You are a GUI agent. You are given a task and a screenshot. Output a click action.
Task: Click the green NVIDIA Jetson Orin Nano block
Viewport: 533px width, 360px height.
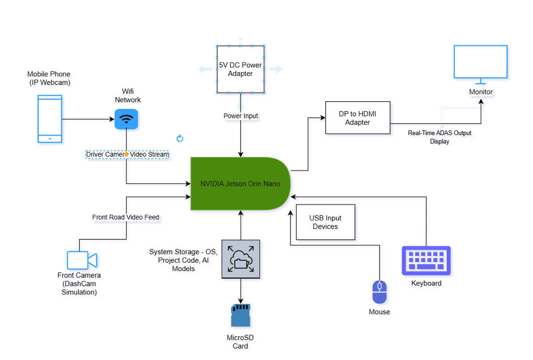pos(240,183)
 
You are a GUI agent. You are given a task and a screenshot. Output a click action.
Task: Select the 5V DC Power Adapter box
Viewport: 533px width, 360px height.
pos(240,69)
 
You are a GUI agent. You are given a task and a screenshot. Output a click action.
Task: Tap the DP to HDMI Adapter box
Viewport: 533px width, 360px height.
pos(357,118)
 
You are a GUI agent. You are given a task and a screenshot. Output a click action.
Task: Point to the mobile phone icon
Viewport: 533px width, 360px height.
pos(49,119)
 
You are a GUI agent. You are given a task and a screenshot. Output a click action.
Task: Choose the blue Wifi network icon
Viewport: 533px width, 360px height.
pos(126,119)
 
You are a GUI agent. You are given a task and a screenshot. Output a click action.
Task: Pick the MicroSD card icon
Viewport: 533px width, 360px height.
pos(240,315)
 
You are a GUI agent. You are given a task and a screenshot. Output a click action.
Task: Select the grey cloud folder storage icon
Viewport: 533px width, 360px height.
pos(240,259)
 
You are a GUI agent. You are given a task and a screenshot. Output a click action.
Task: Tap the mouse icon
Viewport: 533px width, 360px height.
pos(379,292)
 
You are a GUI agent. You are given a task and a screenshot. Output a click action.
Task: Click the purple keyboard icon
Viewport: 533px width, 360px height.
pos(426,261)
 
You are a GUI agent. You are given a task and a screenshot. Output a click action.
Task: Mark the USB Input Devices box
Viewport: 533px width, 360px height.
pos(325,222)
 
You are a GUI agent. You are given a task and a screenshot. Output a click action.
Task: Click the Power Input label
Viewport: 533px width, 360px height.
pos(241,116)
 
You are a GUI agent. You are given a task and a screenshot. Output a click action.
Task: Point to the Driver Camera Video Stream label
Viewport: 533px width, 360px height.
pos(127,154)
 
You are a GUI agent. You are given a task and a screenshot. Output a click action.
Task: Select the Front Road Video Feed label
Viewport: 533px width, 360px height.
pos(126,217)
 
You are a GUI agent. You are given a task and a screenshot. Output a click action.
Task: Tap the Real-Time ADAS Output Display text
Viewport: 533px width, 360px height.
pos(439,137)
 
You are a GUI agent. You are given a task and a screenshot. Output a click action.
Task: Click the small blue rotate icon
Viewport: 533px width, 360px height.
pos(180,138)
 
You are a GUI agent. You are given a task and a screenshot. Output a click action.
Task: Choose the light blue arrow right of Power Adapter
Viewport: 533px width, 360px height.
pos(276,69)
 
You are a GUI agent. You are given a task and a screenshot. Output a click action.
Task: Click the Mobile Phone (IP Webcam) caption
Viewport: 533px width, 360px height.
pos(49,78)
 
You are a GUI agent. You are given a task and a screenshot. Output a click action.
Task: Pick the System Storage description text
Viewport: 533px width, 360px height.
pos(183,260)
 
